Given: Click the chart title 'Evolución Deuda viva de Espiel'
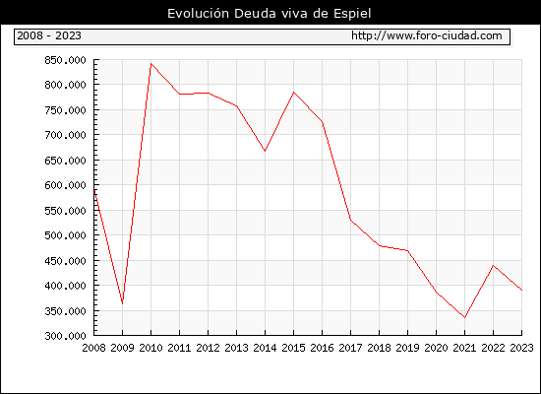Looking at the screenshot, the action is (270, 14).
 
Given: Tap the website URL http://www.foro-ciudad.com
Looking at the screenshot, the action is (427, 35).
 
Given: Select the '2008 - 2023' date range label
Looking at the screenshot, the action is (49, 35).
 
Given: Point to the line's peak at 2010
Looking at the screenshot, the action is (151, 64).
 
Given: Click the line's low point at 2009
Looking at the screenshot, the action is (123, 303).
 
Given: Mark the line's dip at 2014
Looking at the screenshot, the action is (265, 151).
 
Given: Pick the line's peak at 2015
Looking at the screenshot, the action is (294, 93).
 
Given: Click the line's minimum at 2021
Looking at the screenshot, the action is (464, 317).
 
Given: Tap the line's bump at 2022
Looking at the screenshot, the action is (494, 265).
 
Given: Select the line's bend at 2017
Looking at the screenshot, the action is (350, 220).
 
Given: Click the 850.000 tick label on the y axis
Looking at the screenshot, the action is (65, 60).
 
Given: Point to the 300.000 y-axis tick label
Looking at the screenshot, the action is (65, 336).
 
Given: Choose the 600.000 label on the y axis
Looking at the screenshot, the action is (65, 185).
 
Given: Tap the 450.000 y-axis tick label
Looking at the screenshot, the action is (65, 261).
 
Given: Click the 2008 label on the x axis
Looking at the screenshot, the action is (93, 348).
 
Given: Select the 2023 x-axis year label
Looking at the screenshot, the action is (521, 348).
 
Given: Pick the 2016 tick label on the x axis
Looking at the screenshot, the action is (322, 348).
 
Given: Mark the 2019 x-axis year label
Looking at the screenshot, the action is (407, 348).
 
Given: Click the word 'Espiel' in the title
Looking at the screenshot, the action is (352, 14).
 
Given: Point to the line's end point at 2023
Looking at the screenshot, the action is (521, 291).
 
